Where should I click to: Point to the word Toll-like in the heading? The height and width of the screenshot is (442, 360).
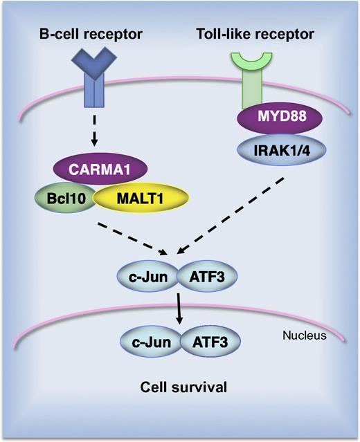pyautogui.click(x=235, y=33)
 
